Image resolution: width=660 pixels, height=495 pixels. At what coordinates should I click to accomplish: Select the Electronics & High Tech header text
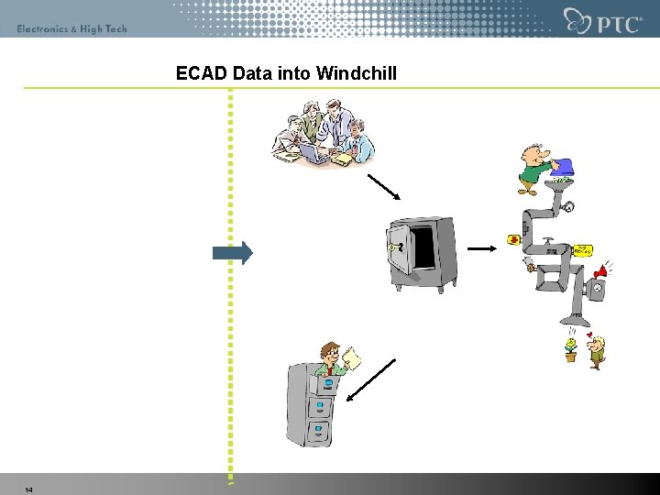click(x=71, y=29)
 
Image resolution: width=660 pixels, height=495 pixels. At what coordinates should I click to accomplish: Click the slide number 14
click(x=29, y=490)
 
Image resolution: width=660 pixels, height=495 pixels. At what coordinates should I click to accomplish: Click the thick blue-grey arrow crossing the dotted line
click(x=232, y=253)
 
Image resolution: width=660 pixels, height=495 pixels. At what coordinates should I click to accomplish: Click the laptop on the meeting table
click(x=313, y=152)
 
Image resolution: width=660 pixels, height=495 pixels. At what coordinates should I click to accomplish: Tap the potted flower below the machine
click(x=571, y=349)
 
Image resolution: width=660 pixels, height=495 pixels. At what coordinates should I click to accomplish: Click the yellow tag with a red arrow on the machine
click(x=581, y=249)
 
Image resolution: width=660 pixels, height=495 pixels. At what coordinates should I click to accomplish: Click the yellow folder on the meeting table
click(x=341, y=159)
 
